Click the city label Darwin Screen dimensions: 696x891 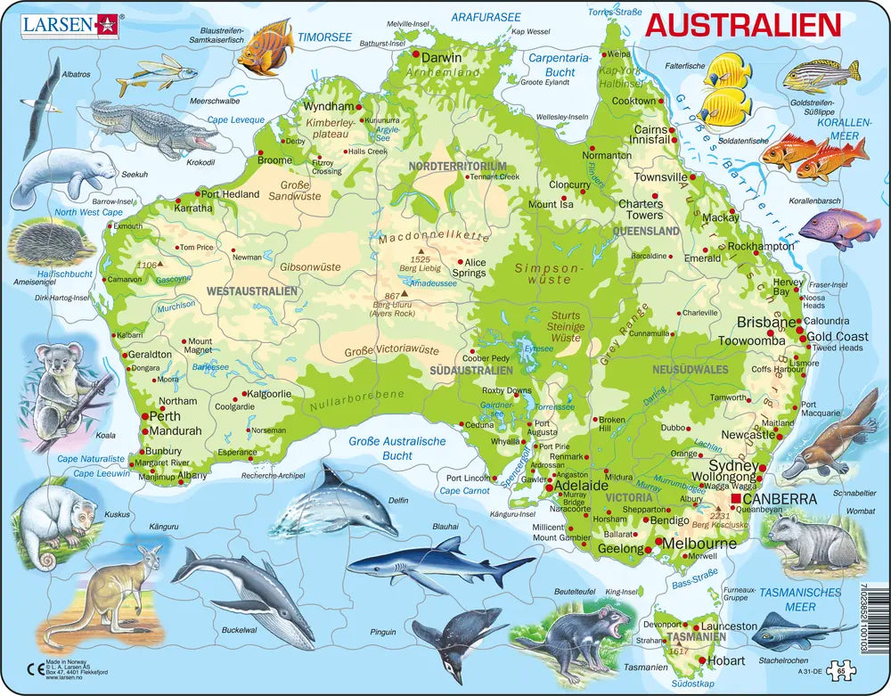pyautogui.click(x=442, y=58)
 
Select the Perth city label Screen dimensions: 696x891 pyautogui.click(x=166, y=416)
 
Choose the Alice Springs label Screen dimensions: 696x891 pyautogui.click(x=470, y=267)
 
